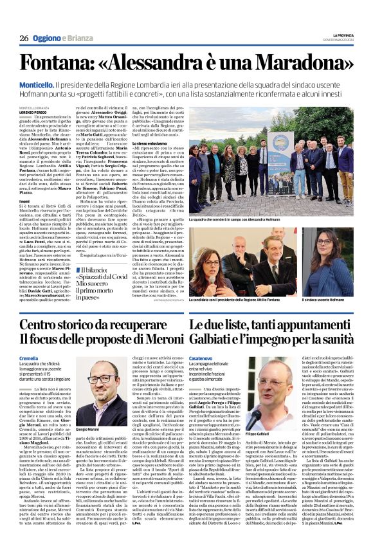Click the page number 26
tap(23, 39)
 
